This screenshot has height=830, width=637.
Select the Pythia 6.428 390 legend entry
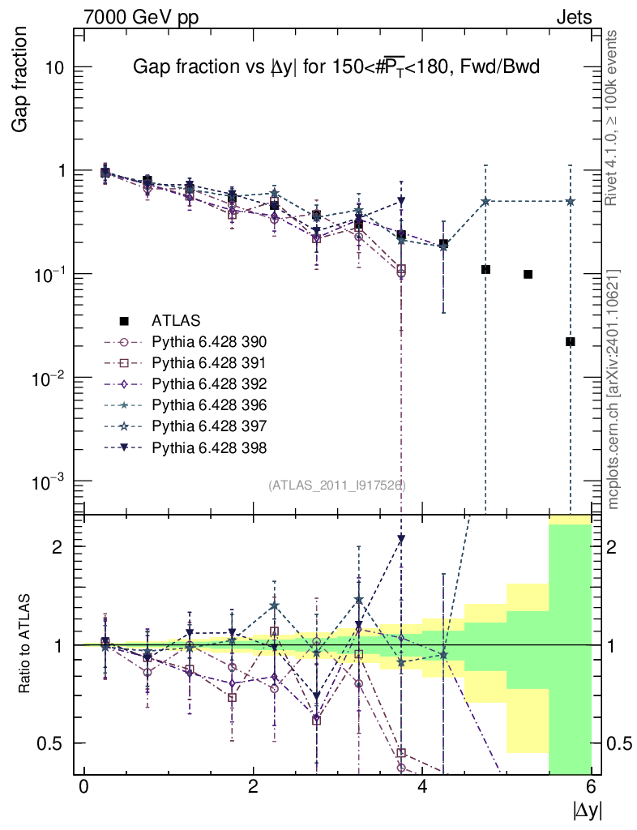pyautogui.click(x=209, y=341)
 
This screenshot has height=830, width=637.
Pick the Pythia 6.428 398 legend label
pyautogui.click(x=209, y=447)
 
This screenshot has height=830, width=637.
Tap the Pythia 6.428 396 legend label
pyautogui.click(x=209, y=404)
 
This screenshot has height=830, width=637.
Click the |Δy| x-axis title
pyautogui.click(x=588, y=810)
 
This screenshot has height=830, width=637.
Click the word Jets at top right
pyautogui.click(x=574, y=17)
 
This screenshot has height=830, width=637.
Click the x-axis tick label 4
pyautogui.click(x=422, y=787)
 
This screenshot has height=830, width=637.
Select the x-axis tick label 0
pyautogui.click(x=83, y=787)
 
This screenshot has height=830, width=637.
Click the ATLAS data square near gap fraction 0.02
pyautogui.click(x=571, y=342)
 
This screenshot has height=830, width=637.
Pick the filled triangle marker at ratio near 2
pyautogui.click(x=401, y=539)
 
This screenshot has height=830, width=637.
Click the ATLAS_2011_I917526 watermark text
pyautogui.click(x=337, y=485)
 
